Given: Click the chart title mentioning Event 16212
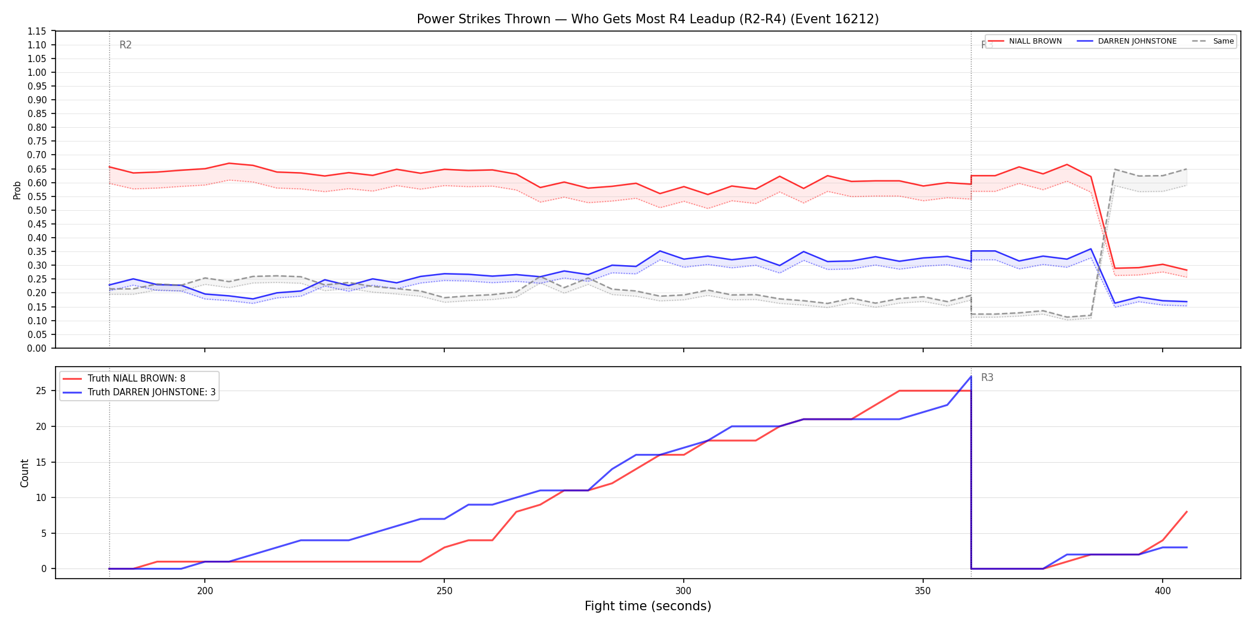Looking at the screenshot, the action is (648, 19).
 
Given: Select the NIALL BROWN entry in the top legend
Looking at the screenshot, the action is (1025, 41).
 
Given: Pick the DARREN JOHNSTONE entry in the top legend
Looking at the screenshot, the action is (1127, 41).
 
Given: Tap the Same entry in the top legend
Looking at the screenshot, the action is (1213, 41).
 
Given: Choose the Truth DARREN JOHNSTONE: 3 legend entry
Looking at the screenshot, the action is (140, 392).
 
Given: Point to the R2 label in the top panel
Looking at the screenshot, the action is (125, 45).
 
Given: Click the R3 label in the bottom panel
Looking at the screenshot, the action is (987, 377).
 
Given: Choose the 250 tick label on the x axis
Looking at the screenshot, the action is (444, 591).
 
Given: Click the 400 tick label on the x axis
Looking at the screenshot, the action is (1162, 591).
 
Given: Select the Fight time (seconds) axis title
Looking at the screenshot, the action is (648, 606).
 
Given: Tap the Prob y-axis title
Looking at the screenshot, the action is (17, 190).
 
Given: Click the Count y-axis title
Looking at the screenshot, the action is (24, 473).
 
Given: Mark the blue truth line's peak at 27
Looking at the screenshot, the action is (971, 377).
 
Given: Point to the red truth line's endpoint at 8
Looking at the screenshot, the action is (1187, 512).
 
